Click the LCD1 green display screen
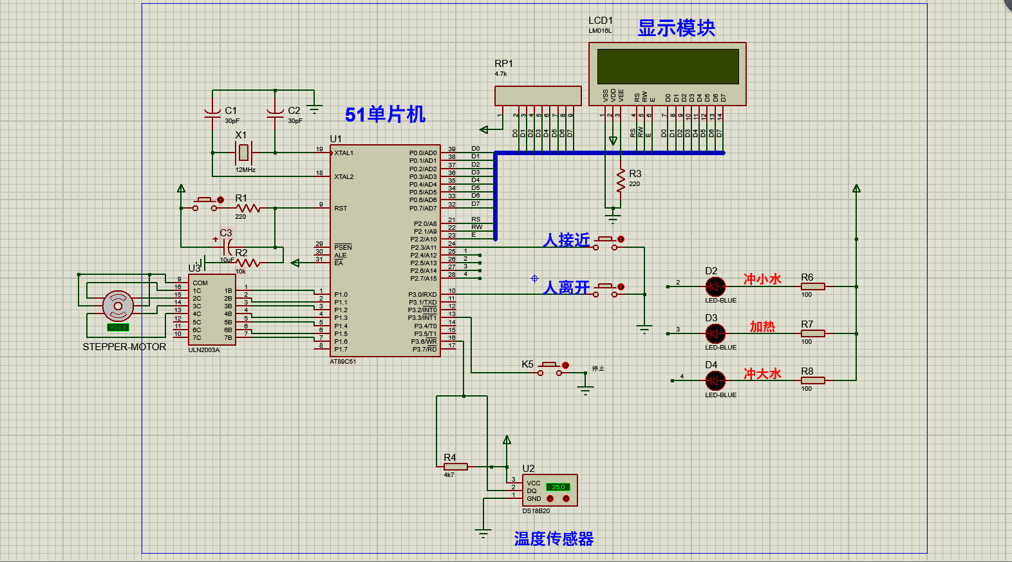click(668, 66)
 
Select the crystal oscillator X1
click(243, 153)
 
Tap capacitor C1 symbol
click(212, 113)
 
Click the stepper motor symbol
click(118, 306)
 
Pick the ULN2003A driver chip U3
click(212, 310)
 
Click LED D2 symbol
click(715, 286)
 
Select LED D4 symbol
click(715, 380)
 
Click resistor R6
click(812, 286)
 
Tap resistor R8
click(812, 380)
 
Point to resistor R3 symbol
click(621, 181)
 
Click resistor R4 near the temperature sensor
click(455, 467)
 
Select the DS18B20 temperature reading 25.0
click(558, 487)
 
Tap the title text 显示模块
click(676, 28)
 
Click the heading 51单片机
click(385, 115)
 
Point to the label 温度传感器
click(554, 539)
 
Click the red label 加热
click(762, 327)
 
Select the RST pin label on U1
click(341, 209)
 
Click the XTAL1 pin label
click(344, 153)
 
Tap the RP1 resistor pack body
click(538, 96)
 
